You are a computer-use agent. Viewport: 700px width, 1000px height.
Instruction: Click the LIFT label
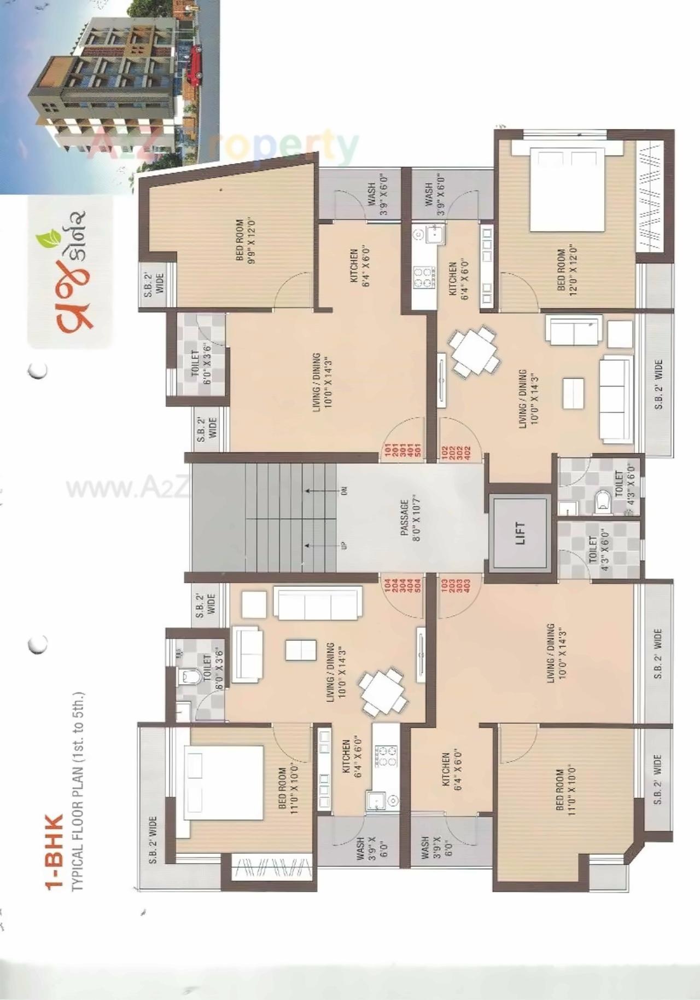tap(520, 533)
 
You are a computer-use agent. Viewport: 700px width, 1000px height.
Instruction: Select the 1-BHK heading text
tap(55, 854)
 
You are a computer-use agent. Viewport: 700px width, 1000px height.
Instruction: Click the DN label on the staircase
tap(344, 491)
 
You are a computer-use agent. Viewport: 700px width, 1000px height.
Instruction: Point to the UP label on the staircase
tap(344, 545)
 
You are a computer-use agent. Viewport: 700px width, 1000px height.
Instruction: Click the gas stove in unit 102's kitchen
tap(424, 277)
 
